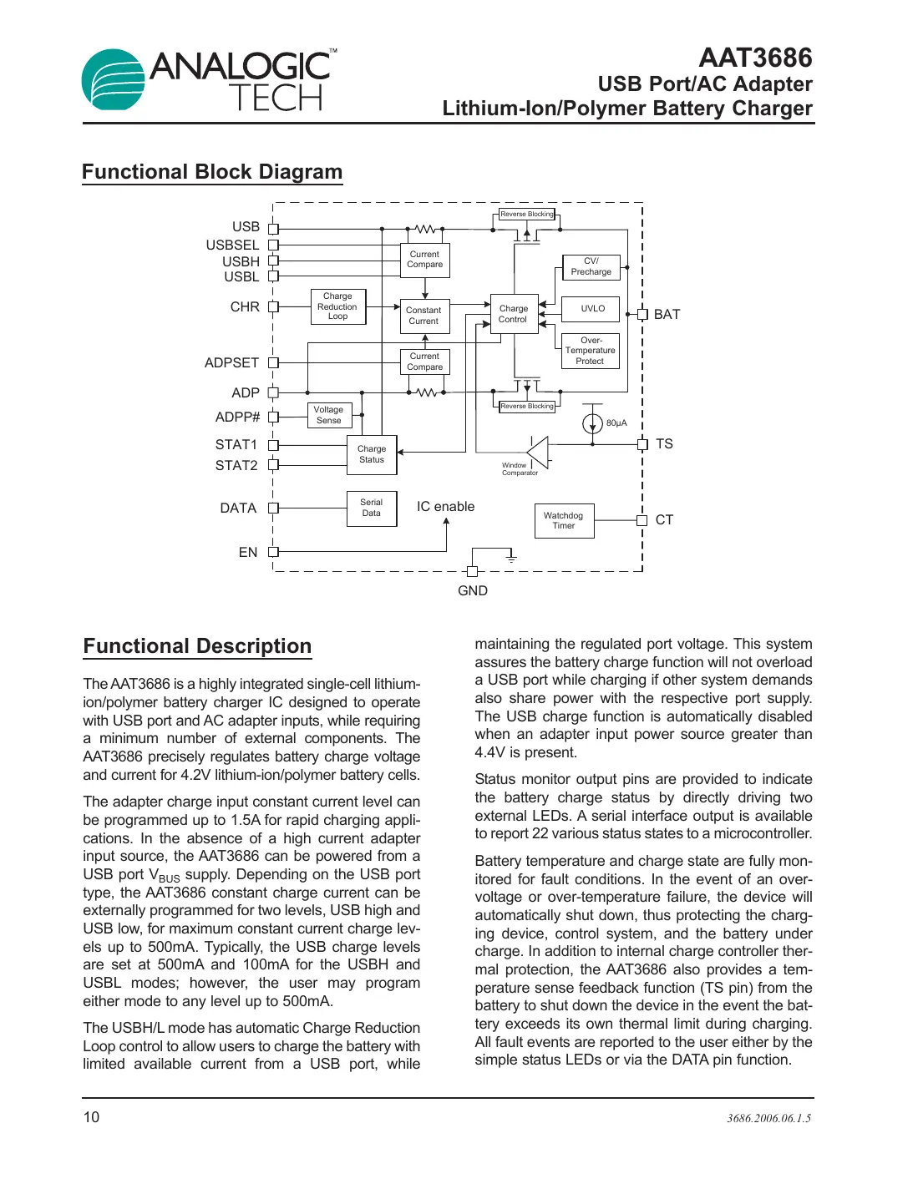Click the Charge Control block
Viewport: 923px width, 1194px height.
pos(514,314)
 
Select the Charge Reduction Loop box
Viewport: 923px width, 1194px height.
pos(337,306)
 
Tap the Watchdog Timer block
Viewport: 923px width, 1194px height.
pos(564,521)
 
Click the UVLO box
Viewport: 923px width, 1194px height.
pos(592,309)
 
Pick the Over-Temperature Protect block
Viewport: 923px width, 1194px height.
pos(590,351)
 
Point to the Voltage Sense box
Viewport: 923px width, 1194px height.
pos(328,415)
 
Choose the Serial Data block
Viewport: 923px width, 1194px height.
pos(372,508)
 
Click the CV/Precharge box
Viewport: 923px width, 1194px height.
pos(591,266)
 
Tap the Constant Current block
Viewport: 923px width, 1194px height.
pos(424,316)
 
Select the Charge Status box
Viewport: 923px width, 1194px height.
pos(372,454)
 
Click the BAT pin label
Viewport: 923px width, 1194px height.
pos(667,315)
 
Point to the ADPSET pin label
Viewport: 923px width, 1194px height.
pos(231,363)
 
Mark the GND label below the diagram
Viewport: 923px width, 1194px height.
pos(473,591)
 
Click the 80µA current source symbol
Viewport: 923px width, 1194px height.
pos(592,423)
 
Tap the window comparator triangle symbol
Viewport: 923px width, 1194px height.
pos(540,453)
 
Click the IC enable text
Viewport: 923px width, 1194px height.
pos(445,507)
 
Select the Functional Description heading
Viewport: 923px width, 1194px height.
pos(197,646)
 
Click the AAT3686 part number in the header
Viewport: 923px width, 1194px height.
pos(755,58)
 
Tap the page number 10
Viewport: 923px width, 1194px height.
pos(91,1117)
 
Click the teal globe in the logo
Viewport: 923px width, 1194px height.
pos(113,81)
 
